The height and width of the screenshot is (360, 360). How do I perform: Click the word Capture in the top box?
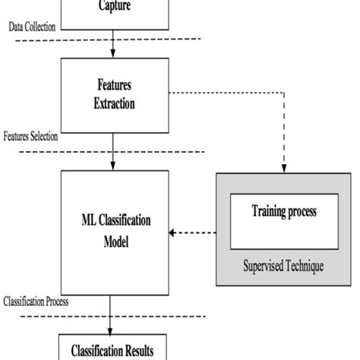[113, 7]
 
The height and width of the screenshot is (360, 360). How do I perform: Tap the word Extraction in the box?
[113, 101]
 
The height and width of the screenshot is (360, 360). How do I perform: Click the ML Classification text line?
[113, 220]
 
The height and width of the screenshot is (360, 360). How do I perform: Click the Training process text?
[285, 211]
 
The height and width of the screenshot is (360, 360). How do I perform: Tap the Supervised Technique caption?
[286, 267]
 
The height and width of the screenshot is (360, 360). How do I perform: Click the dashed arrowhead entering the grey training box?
[285, 169]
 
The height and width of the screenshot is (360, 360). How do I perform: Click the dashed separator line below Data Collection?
[106, 38]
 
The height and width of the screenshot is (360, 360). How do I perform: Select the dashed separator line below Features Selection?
[106, 151]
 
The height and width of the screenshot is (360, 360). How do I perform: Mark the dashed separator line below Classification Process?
[106, 315]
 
